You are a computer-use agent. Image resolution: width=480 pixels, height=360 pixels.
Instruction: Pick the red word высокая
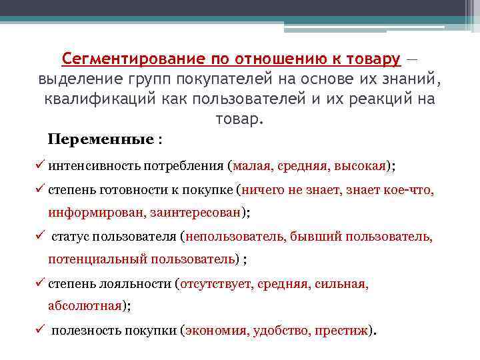(x=359, y=166)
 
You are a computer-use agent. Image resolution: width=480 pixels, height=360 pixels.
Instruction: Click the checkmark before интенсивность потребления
(x=42, y=165)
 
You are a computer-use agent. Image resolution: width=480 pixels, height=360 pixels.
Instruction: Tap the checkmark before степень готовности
(x=42, y=189)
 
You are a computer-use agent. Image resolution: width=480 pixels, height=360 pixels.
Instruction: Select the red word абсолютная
(x=85, y=306)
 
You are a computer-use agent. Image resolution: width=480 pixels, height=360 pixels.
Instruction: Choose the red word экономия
(x=217, y=330)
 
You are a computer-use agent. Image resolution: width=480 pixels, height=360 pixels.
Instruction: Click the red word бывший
(x=313, y=237)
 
